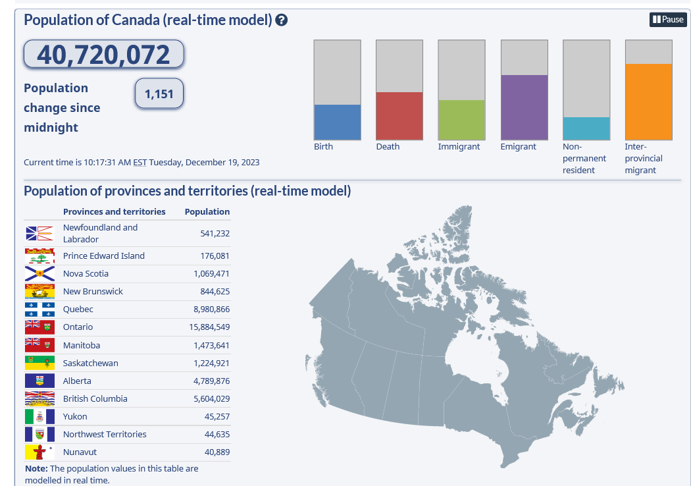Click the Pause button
tap(668, 20)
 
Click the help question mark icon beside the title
tap(282, 20)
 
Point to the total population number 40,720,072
tap(103, 55)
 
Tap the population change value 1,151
tap(159, 94)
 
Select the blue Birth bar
tap(337, 122)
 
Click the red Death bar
tap(399, 116)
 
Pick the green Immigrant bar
tap(461, 120)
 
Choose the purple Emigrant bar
tap(524, 107)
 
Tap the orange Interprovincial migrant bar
tap(648, 101)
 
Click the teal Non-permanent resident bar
tap(586, 128)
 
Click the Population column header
tap(207, 212)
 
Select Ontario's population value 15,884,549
tap(209, 327)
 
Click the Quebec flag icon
tap(39, 310)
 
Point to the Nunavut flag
tap(39, 452)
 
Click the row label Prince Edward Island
tap(103, 256)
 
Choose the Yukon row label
tap(75, 417)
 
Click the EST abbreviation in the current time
tap(140, 163)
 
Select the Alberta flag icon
tap(39, 381)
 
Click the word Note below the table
tap(36, 469)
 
